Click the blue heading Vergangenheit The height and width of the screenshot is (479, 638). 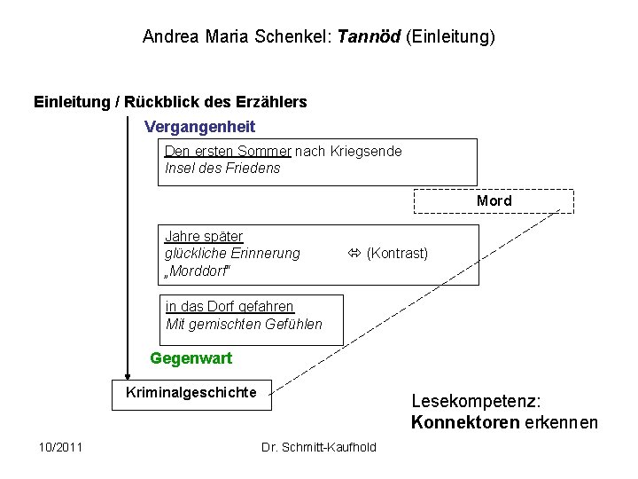tap(199, 127)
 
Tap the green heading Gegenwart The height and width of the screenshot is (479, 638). tap(191, 358)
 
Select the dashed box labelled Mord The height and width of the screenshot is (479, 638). tap(494, 201)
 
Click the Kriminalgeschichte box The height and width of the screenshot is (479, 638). tap(191, 393)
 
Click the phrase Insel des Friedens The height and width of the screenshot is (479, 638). tap(222, 168)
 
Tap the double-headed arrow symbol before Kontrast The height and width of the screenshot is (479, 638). tap(354, 254)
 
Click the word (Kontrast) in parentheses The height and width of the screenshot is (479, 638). tap(397, 254)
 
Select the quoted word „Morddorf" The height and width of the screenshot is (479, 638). tap(200, 270)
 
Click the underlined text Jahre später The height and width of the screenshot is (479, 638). tap(204, 237)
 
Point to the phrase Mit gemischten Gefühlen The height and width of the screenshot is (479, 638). tap(244, 324)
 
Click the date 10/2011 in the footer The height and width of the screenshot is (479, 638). tap(61, 446)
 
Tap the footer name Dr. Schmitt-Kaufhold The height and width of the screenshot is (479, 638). tap(319, 446)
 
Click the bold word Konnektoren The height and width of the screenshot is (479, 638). tap(465, 422)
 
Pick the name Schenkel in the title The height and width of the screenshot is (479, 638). tap(300, 37)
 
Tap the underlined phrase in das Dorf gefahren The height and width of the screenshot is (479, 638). tap(230, 307)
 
